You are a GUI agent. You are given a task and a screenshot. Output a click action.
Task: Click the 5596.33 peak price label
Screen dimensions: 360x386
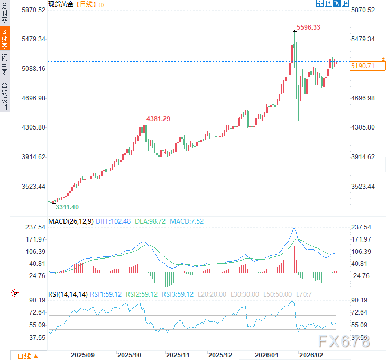(x=308, y=27)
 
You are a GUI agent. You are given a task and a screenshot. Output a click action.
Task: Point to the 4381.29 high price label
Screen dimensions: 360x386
(x=158, y=119)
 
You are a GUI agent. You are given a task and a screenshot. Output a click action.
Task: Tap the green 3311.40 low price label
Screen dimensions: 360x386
(x=67, y=207)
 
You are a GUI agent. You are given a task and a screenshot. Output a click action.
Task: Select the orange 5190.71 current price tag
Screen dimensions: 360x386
(x=362, y=66)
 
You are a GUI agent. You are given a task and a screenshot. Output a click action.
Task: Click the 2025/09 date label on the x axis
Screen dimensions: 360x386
(x=83, y=355)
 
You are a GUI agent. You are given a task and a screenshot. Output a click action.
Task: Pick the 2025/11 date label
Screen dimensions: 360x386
(x=178, y=355)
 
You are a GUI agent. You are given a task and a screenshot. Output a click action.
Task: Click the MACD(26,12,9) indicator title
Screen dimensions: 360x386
(x=71, y=221)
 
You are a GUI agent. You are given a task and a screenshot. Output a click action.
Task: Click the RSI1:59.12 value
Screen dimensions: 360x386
(x=106, y=294)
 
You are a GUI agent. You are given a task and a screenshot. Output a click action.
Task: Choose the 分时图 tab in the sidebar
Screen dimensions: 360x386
(x=5, y=13)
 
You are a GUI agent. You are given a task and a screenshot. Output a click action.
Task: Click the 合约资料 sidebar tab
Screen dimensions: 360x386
(x=5, y=96)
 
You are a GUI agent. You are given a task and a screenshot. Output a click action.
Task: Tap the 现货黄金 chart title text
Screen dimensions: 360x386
(x=61, y=4)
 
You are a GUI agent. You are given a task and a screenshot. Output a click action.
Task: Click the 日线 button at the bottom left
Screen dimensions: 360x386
(x=27, y=356)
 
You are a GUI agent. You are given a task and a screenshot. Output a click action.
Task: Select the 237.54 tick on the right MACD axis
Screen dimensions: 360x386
(x=362, y=227)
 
